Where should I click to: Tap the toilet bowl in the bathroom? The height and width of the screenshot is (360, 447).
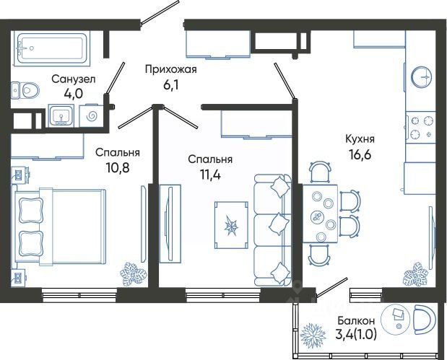point(28,91)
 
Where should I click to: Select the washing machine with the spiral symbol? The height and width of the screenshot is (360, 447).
point(91,116)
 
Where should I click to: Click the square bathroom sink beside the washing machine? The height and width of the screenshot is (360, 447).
point(61,115)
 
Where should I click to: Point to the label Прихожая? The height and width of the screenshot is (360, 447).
point(170,69)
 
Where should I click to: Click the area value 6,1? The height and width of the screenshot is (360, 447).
point(170,85)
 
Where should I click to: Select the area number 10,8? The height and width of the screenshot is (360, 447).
point(118,168)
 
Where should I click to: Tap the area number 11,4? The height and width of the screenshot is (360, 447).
point(210,175)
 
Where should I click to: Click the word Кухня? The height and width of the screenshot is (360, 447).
point(360,139)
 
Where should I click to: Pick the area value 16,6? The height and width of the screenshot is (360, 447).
point(360,155)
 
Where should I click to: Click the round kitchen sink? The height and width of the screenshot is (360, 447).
point(421,77)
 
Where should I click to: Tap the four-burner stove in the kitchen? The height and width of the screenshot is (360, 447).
point(421,127)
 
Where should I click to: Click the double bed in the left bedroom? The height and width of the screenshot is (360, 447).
point(58,227)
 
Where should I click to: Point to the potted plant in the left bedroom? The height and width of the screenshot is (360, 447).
point(133,274)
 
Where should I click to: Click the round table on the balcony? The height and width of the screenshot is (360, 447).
point(396,320)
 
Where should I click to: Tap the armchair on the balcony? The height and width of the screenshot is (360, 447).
point(425,320)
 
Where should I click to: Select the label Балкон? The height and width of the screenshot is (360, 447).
point(356,321)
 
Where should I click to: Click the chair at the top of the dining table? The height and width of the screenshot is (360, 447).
point(320,172)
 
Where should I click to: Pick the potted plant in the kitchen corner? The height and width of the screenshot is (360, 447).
point(415,274)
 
